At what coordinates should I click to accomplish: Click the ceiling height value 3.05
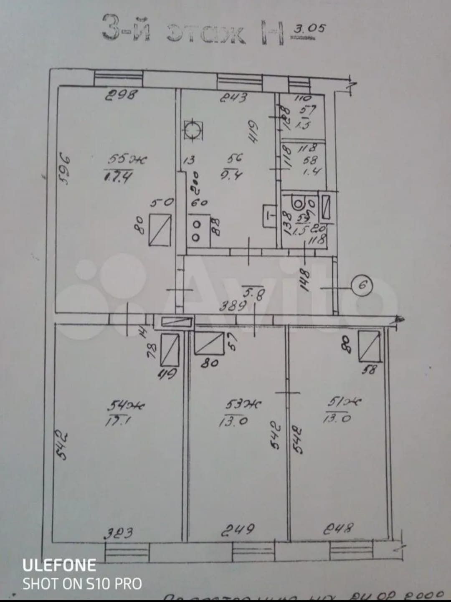tap(309, 29)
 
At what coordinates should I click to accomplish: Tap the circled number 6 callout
tap(362, 286)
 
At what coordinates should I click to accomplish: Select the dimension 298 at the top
tap(121, 95)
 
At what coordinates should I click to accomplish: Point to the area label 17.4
tap(118, 177)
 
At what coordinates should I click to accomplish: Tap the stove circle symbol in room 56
tap(193, 130)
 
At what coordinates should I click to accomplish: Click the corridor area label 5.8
tap(253, 295)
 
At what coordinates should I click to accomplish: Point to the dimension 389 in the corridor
tap(233, 307)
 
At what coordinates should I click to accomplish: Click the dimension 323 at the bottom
tap(118, 533)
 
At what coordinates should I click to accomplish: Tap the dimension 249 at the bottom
tap(238, 530)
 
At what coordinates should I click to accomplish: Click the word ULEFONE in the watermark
tap(59, 565)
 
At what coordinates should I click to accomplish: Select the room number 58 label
tap(310, 160)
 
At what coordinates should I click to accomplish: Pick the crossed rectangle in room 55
tap(160, 230)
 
